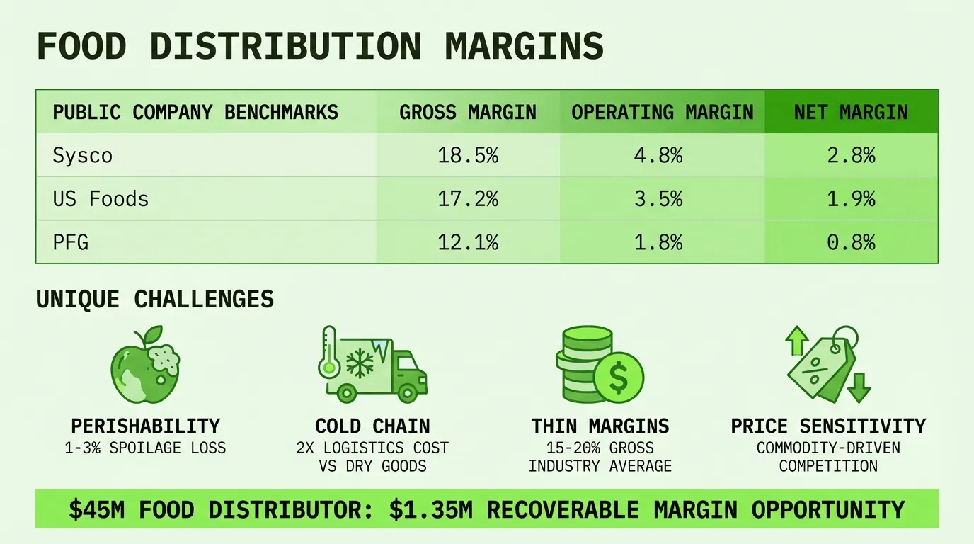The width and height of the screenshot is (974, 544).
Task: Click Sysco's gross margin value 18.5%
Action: point(468,155)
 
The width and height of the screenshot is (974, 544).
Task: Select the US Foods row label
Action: point(101,199)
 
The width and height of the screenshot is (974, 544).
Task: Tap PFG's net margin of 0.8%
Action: point(851,242)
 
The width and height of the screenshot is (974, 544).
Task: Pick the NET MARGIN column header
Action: point(851,113)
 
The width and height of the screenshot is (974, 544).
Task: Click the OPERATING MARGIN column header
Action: point(663,113)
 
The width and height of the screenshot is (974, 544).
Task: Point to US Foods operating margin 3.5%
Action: point(658,199)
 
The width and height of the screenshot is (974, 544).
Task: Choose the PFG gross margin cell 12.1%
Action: point(468,242)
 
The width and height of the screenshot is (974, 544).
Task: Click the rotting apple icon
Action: point(145,365)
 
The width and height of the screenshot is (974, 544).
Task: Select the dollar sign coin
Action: point(619,378)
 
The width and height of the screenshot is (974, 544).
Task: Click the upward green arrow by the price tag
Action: point(797,340)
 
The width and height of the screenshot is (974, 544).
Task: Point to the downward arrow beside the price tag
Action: point(859,387)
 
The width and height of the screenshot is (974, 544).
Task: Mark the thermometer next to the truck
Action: point(329,353)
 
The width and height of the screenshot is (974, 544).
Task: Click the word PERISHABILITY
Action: point(145,426)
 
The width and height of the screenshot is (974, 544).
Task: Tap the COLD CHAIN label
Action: point(372,426)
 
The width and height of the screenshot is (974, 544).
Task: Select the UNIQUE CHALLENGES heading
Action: point(155,300)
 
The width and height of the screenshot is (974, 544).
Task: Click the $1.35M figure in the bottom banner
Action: point(430,509)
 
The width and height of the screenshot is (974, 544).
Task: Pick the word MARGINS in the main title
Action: point(525,46)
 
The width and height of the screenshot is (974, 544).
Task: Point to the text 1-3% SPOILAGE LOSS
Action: point(145,448)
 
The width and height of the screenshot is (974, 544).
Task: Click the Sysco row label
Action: point(83,156)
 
